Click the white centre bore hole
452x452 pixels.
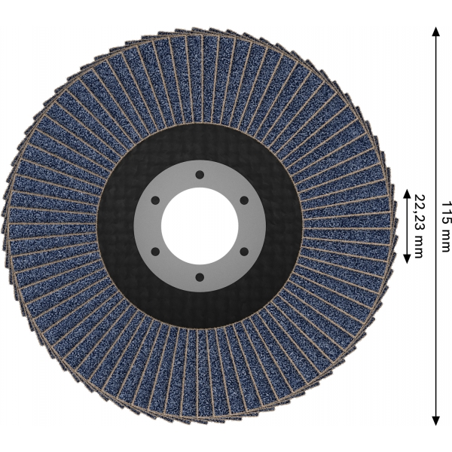pyautogui.click(x=200, y=226)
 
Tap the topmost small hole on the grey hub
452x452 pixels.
pyautogui.click(x=200, y=175)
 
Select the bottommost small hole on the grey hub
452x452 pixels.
pyautogui.click(x=200, y=277)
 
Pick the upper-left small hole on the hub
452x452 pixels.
pyautogui.click(x=155, y=200)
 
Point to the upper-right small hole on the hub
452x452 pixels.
pyautogui.click(x=244, y=200)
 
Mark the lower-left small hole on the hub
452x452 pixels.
pyautogui.click(x=155, y=252)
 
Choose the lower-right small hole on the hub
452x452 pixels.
pyautogui.click(x=244, y=252)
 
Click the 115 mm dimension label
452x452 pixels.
pyautogui.click(x=446, y=226)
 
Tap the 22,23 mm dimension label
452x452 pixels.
pyautogui.click(x=420, y=226)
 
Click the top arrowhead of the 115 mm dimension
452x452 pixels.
pyautogui.click(x=436, y=32)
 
